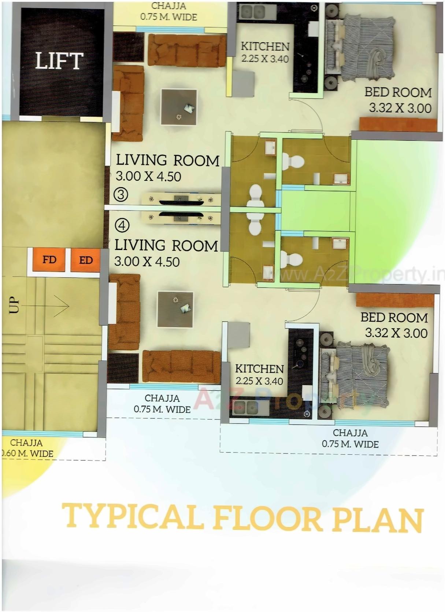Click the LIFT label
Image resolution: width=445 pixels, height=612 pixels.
59,61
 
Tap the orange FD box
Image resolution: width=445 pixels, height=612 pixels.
49,260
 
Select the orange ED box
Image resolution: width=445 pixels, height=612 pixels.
85,260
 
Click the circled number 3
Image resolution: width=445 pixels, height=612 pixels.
121,194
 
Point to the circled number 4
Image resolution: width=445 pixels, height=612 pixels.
122,225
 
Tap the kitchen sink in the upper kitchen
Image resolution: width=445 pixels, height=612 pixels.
253,12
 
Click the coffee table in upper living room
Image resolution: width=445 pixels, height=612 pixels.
179,107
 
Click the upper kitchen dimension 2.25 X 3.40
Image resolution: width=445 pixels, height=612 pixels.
265,59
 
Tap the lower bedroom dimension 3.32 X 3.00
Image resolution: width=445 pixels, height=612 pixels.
396,333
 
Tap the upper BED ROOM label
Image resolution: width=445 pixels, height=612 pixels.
398,92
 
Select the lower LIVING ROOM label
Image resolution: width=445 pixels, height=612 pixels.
166,246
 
